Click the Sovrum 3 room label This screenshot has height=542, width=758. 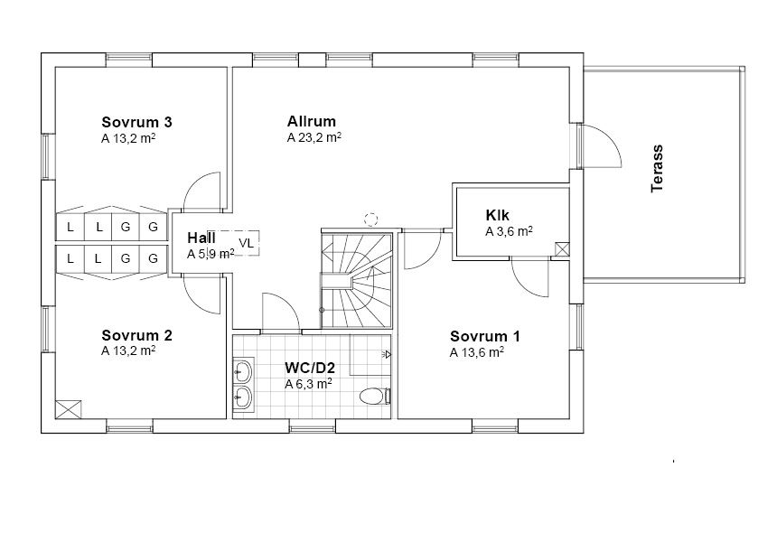(136, 122)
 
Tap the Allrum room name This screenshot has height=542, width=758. (312, 121)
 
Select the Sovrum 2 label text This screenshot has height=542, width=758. (136, 335)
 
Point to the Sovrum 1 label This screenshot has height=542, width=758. (485, 336)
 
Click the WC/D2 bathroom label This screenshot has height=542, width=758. (310, 368)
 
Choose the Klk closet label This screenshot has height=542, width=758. (498, 215)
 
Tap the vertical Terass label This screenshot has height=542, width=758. (657, 168)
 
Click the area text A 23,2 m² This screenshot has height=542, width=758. (314, 138)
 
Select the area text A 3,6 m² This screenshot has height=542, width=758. (509, 231)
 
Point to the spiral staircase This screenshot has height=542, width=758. (357, 280)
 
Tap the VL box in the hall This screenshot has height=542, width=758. (246, 243)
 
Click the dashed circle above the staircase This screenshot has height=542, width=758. (370, 219)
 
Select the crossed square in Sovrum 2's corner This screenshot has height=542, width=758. (68, 409)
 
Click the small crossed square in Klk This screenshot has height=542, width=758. (562, 249)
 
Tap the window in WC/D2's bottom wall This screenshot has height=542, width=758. (313, 426)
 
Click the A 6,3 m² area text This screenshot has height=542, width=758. (308, 384)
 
